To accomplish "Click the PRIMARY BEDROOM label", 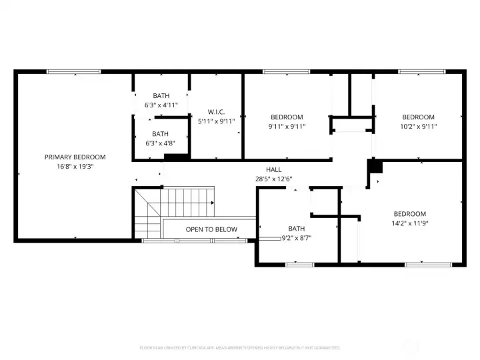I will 75,157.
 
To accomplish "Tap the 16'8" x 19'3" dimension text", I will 75,167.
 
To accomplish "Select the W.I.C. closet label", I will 217,111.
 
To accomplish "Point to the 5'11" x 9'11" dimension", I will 217,121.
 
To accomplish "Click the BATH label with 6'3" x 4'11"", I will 161,96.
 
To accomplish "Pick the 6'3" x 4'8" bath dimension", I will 161,143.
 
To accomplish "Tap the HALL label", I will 273,169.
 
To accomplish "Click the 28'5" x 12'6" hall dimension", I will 273,179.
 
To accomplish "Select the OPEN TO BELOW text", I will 211,229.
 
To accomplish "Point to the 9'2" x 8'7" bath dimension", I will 296,237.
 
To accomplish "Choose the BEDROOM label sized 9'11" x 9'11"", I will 287,117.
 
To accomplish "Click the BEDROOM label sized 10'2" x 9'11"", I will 418,117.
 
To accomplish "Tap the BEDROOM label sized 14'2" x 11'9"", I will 409,214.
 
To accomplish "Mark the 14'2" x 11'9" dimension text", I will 409,223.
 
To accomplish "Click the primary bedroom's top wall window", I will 73,71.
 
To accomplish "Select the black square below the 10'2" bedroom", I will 374,166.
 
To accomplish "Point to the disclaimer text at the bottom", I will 240,348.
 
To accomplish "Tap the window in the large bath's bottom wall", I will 299,265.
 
